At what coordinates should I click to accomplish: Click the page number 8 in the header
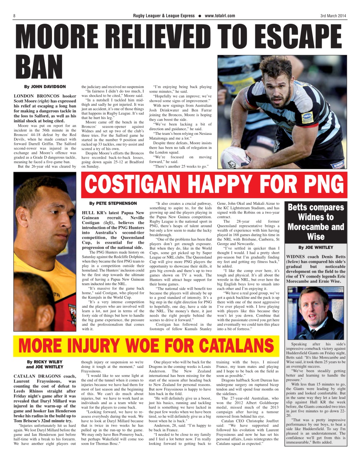tap(14, 16)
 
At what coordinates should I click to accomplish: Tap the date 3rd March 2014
tap(333, 16)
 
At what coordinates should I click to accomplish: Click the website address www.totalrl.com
tap(220, 16)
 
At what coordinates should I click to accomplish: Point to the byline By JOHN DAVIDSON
tap(45, 87)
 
